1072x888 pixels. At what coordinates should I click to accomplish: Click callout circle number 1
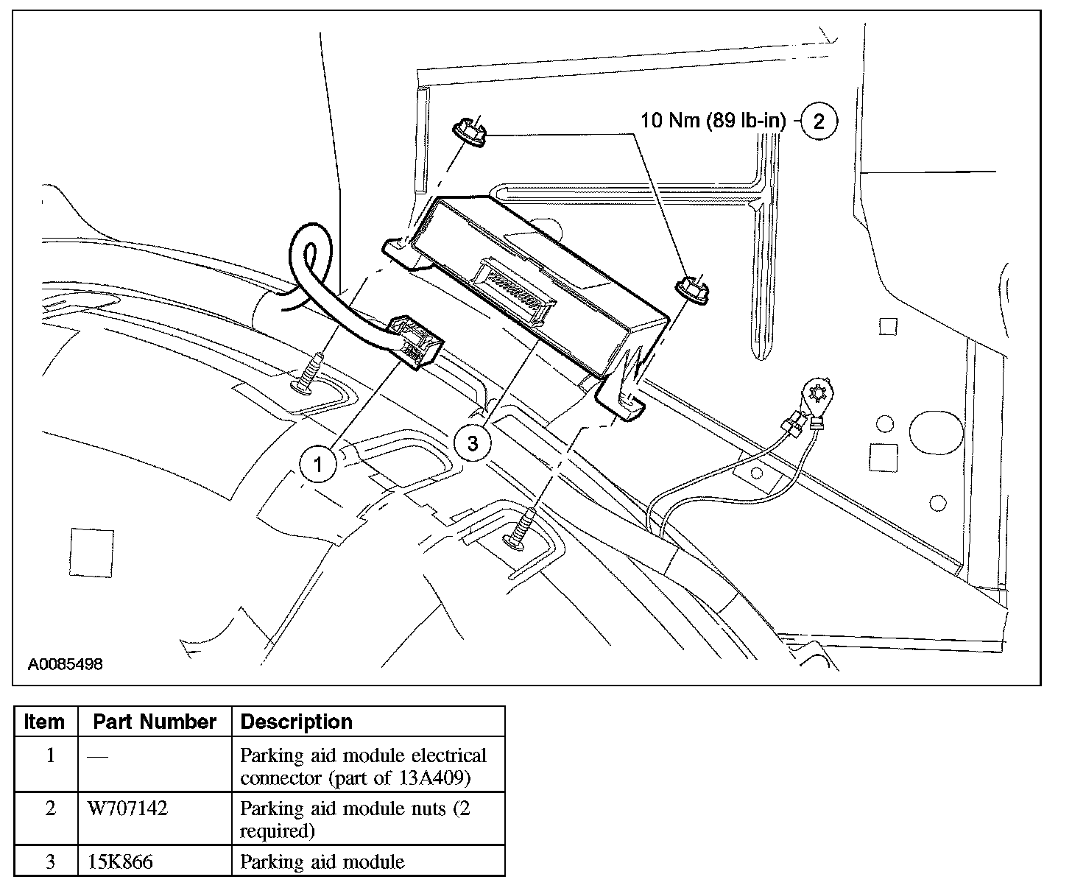click(x=318, y=464)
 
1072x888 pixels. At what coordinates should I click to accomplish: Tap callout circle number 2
click(x=819, y=121)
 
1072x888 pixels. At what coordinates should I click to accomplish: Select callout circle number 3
click(x=472, y=443)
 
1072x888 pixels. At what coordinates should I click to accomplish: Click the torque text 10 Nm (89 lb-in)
click(x=713, y=120)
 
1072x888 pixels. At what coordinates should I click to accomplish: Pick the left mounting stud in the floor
click(x=309, y=373)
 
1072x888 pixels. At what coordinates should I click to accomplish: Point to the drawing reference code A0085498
click(x=65, y=665)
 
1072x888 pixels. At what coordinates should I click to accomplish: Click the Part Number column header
click(x=155, y=722)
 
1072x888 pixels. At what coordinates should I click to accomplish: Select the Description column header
click(x=297, y=722)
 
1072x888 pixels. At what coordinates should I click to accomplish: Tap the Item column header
click(x=44, y=722)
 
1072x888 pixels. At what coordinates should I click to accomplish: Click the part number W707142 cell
click(x=127, y=808)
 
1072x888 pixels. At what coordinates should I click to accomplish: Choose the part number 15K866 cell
click(x=120, y=861)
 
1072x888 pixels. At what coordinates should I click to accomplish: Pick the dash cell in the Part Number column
click(x=96, y=756)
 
